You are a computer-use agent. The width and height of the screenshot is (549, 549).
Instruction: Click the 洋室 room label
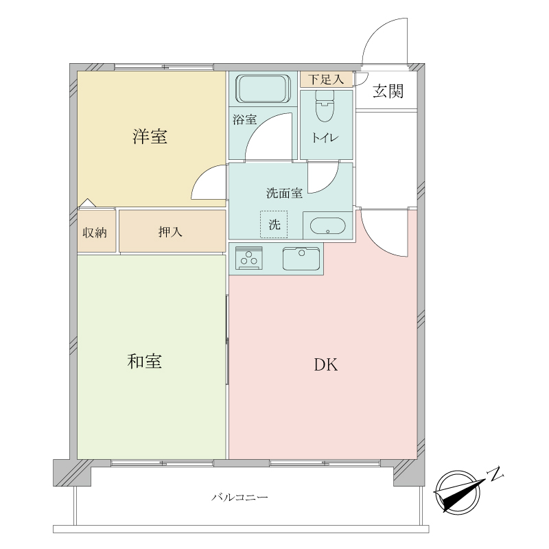click(150, 137)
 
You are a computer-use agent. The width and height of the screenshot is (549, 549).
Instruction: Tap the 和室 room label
click(145, 361)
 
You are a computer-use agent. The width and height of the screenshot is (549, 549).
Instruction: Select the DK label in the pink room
click(326, 365)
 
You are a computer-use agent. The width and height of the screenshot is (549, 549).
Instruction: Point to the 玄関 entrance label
click(388, 91)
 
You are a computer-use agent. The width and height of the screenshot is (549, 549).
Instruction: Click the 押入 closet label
click(170, 232)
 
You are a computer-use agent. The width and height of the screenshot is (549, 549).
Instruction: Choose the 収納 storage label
click(95, 232)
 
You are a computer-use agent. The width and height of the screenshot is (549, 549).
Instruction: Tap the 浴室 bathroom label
click(244, 119)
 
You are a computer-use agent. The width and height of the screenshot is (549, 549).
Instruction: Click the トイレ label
click(325, 137)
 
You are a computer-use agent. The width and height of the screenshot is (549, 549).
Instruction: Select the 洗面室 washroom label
click(284, 193)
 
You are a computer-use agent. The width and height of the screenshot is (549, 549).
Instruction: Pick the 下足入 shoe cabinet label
click(325, 79)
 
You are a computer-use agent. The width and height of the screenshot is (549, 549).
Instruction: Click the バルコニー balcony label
click(240, 496)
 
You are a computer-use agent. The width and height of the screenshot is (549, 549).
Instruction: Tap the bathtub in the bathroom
click(262, 88)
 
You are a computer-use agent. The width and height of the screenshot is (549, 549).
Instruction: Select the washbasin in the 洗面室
click(326, 226)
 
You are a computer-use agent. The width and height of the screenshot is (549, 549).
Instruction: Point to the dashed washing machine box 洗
click(274, 224)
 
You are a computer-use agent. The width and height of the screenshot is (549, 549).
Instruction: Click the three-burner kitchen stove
click(248, 259)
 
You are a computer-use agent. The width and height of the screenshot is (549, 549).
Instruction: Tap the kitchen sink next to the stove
click(301, 259)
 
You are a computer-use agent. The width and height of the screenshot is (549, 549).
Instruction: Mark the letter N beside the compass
click(495, 473)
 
